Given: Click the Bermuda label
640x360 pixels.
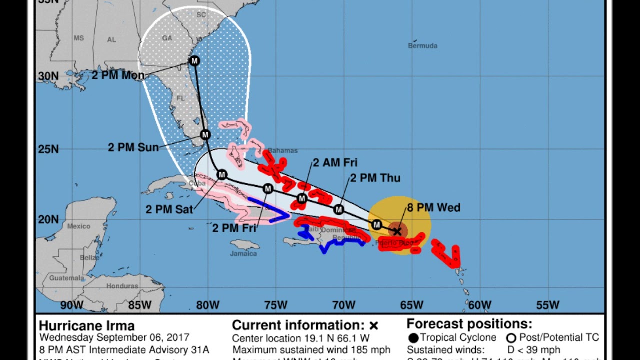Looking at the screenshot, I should pyautogui.click(x=423, y=46).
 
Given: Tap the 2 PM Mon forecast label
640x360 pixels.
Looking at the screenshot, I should pyautogui.click(x=118, y=75).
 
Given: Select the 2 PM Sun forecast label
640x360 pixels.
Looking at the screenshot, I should pyautogui.click(x=133, y=147).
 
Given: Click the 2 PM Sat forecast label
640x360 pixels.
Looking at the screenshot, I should pyautogui.click(x=169, y=209).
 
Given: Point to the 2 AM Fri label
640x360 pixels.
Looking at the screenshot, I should pyautogui.click(x=335, y=163).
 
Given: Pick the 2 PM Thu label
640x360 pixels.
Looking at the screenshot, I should pyautogui.click(x=375, y=178).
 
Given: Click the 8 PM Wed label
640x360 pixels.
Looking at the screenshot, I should pyautogui.click(x=434, y=208).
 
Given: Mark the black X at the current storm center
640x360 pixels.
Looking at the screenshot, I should pyautogui.click(x=397, y=231).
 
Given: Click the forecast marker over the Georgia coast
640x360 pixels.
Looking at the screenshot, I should pyautogui.click(x=194, y=61).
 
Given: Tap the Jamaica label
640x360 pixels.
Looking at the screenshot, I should pyautogui.click(x=243, y=254).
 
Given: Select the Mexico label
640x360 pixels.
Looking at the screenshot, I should pyautogui.click(x=79, y=226).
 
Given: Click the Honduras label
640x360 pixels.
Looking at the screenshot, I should pyautogui.click(x=122, y=286).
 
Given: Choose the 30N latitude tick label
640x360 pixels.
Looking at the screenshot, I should pyautogui.click(x=48, y=76).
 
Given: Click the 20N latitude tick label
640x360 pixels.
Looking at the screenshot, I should pyautogui.click(x=48, y=219).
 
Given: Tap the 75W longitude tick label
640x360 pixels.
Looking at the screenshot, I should pyautogui.click(x=276, y=305).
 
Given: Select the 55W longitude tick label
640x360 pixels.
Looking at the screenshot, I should pyautogui.click(x=548, y=305).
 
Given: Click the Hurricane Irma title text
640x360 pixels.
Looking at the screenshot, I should pyautogui.click(x=87, y=326).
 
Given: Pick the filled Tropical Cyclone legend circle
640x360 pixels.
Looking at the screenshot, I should pyautogui.click(x=413, y=338).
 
